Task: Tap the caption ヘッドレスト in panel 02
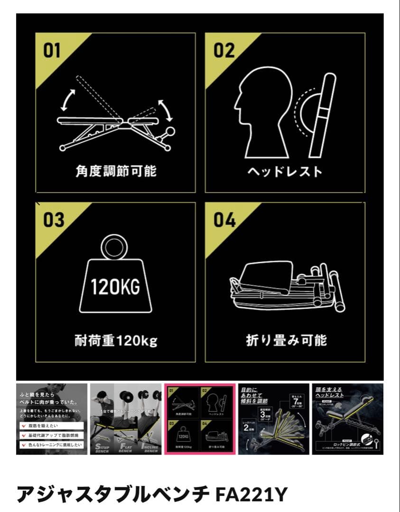[x=285, y=171]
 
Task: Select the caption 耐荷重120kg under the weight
[x=116, y=340]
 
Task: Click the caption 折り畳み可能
[x=286, y=340]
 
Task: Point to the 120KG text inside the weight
[x=115, y=287]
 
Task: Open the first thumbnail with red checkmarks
[x=52, y=419]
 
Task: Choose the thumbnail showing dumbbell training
[x=126, y=419]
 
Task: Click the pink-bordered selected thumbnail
[x=200, y=419]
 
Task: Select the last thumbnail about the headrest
[x=347, y=419]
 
